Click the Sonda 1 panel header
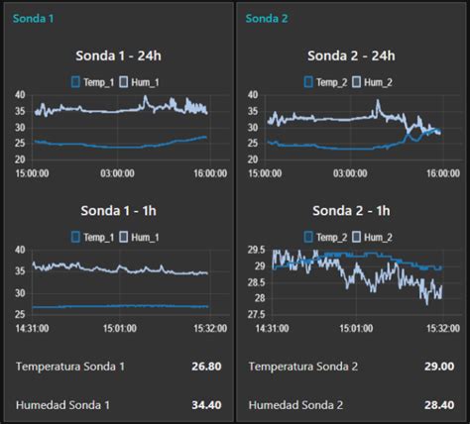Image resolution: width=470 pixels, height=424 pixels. pyautogui.click(x=32, y=18)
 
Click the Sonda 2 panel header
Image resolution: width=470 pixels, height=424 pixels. pyautogui.click(x=266, y=18)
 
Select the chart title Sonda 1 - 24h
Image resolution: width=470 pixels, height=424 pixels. pyautogui.click(x=117, y=55)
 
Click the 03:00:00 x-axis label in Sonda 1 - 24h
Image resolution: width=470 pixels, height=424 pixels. pyautogui.click(x=117, y=173)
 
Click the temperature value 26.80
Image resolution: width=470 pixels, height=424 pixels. pyautogui.click(x=204, y=367)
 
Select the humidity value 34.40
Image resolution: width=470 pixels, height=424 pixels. pyautogui.click(x=204, y=404)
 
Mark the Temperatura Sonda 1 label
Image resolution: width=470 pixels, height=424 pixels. pyautogui.click(x=70, y=367)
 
